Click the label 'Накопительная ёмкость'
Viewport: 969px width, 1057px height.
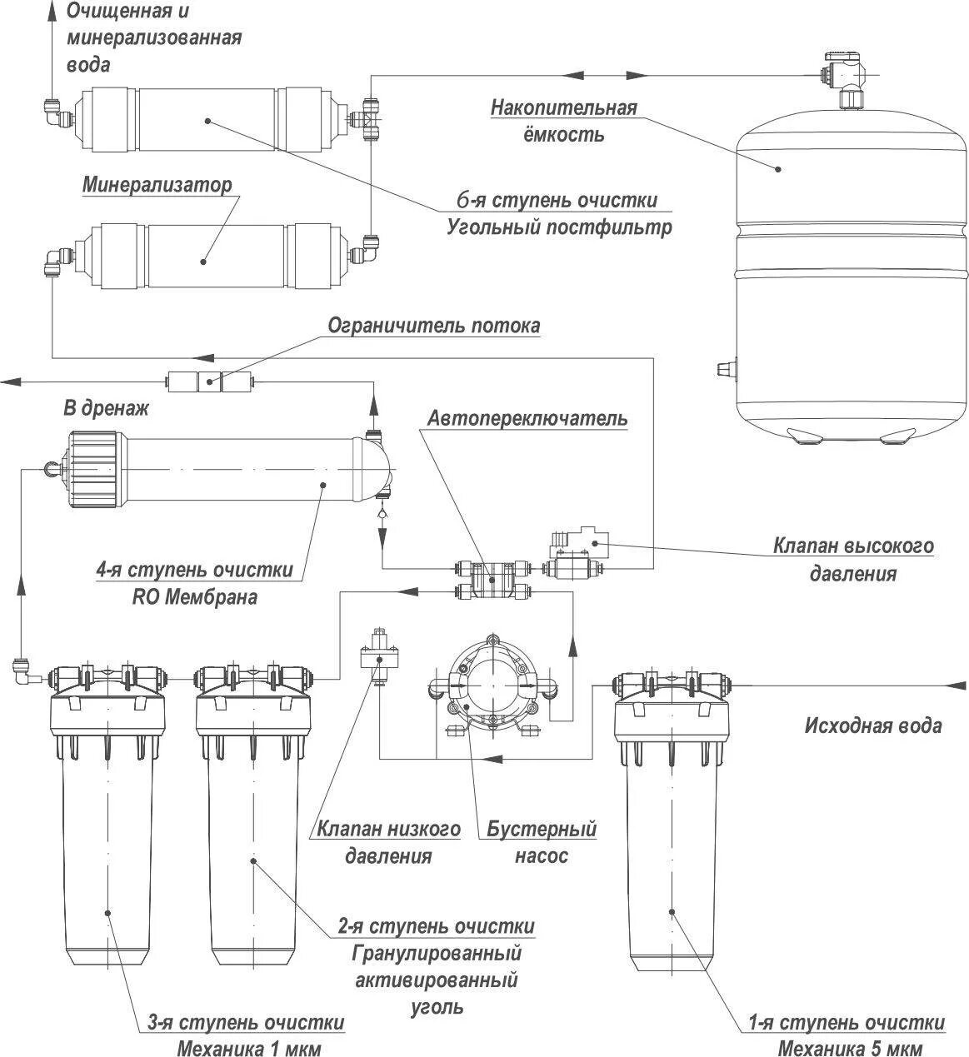click(563, 120)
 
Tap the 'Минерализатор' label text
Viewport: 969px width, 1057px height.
click(157, 184)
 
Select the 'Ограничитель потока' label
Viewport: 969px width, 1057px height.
click(433, 325)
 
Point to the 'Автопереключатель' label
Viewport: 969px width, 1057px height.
click(527, 417)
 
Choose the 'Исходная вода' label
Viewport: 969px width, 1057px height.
click(873, 725)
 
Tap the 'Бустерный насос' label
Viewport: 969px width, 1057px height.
click(542, 842)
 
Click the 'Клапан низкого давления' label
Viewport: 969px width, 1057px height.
click(388, 842)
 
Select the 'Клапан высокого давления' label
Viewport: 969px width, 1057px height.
click(853, 559)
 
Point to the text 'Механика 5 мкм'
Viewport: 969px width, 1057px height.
click(850, 1047)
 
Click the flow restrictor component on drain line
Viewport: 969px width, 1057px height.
click(209, 382)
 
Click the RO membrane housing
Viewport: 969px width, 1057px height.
click(217, 471)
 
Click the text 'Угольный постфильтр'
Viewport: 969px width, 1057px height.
click(559, 227)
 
